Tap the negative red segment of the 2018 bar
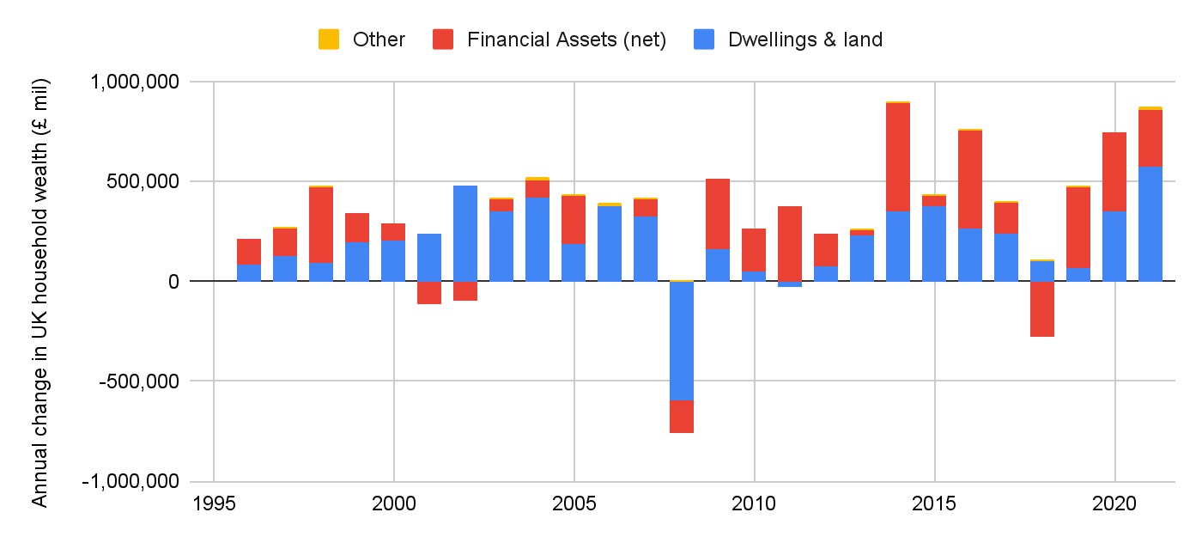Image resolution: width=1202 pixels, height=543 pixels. (1042, 308)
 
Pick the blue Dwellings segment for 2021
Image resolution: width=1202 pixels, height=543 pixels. (1150, 223)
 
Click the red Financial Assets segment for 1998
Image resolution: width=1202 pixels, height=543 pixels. (321, 224)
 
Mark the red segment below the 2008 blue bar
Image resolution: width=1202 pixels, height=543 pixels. (682, 417)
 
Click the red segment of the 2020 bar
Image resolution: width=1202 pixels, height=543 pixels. (1114, 171)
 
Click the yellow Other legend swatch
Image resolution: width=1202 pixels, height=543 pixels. (329, 40)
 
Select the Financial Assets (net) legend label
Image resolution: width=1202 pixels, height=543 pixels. (567, 40)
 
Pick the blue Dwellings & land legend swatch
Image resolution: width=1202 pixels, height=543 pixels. (704, 40)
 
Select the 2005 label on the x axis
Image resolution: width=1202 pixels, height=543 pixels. (574, 503)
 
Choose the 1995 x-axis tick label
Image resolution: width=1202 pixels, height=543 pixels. (213, 503)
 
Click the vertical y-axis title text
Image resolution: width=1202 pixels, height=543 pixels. (40, 292)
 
